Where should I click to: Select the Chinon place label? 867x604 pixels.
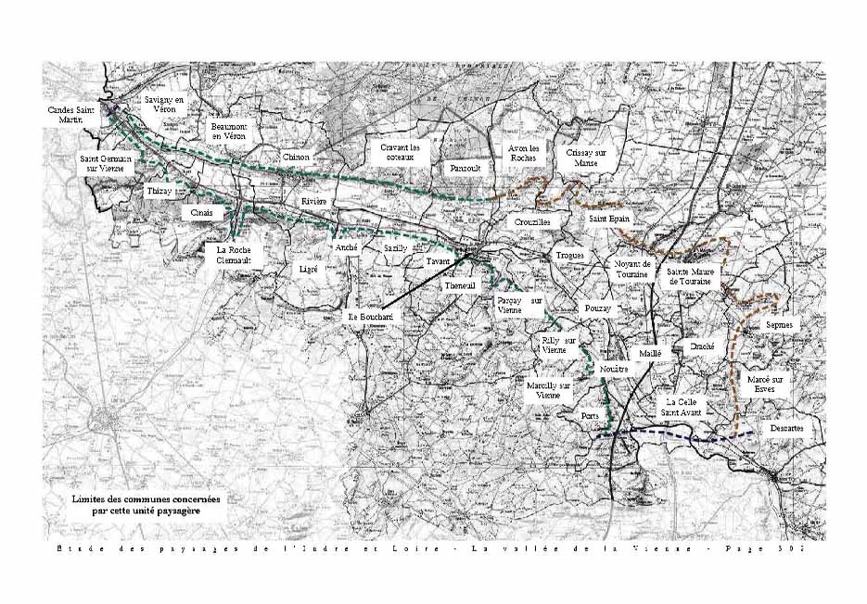click(296, 157)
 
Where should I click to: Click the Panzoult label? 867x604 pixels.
click(464, 169)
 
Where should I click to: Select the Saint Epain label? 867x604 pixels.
click(607, 219)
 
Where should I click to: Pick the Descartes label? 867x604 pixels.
click(786, 429)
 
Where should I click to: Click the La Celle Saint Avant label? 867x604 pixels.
click(686, 408)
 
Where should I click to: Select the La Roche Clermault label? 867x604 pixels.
click(235, 255)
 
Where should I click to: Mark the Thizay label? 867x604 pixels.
click(159, 191)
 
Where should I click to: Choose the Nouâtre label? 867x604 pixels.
click(614, 369)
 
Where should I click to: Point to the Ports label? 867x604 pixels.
click(590, 416)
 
